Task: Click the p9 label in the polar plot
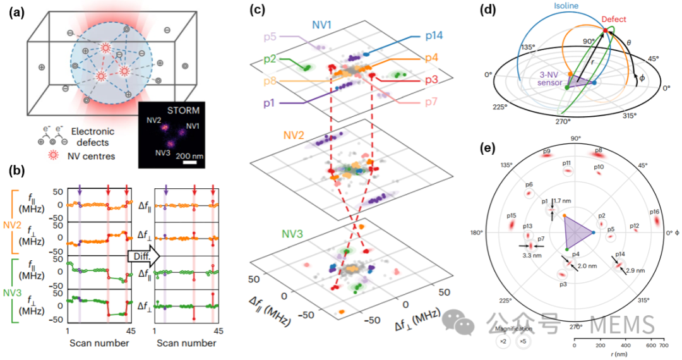pyautogui.click(x=547, y=151)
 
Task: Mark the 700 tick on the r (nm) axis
pyautogui.click(x=662, y=346)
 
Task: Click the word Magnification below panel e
pyautogui.click(x=512, y=329)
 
